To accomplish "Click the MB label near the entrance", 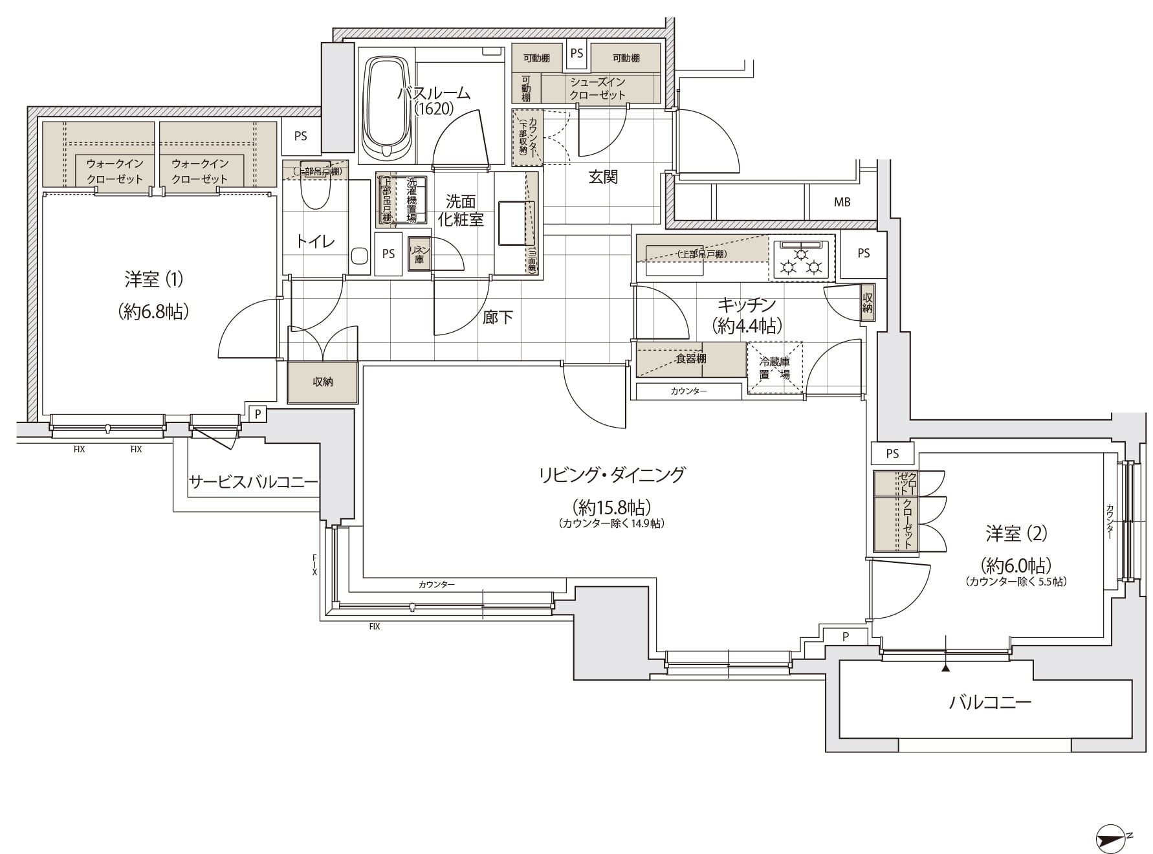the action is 842,203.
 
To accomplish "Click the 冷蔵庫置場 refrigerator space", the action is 775,367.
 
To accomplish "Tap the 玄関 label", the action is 602,177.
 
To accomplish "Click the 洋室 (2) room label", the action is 1016,534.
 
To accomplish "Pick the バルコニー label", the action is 990,702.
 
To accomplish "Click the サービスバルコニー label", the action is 253,482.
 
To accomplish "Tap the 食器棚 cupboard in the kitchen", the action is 690,359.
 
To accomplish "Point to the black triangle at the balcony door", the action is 946,668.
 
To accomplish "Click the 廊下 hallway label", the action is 498,317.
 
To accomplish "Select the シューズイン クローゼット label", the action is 597,89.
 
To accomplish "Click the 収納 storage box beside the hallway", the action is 323,382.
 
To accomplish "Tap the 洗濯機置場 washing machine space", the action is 411,200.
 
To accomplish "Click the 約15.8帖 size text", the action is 611,506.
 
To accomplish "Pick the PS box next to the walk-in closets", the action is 301,137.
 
